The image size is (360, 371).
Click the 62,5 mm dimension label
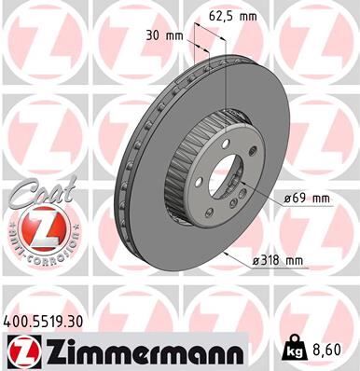[x=232, y=15]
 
